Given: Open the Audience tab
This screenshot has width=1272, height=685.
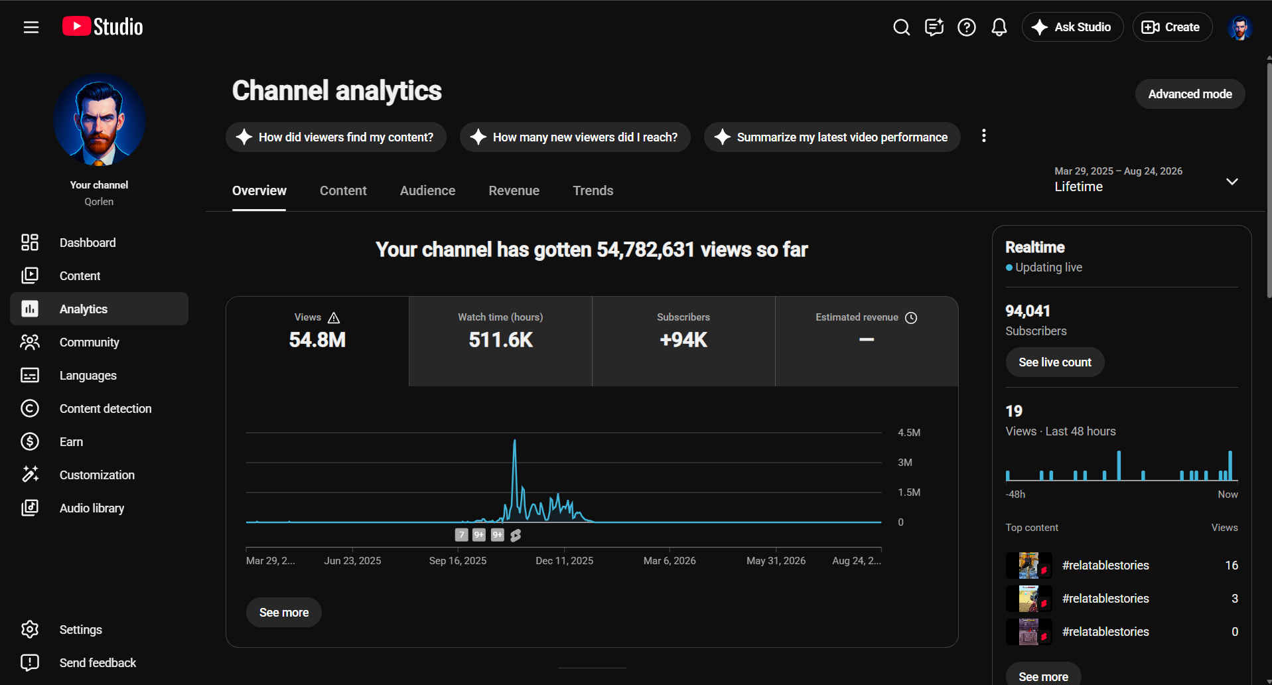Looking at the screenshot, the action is pos(427,190).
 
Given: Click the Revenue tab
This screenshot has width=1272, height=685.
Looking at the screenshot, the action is pos(514,190).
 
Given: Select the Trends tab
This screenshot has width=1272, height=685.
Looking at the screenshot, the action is pos(593,190).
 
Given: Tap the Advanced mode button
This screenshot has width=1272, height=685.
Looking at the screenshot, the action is pos(1190,94).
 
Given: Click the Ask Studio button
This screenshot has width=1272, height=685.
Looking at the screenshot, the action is pos(1072,27).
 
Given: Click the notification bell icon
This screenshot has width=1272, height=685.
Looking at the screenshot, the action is pos(999,27).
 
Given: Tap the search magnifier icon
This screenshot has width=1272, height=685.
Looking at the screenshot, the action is pos(901,27).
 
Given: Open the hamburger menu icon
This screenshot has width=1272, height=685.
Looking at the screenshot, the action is pos(31,27).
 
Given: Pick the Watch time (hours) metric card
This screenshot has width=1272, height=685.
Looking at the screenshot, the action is pos(500,341).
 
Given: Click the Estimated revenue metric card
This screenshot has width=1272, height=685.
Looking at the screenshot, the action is pos(867,341).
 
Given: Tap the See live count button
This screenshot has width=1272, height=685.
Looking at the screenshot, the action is pos(1055,362).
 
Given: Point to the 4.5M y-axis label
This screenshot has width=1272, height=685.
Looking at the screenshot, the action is pos(909,433).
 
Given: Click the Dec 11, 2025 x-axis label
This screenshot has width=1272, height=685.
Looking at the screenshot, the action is pos(565,561).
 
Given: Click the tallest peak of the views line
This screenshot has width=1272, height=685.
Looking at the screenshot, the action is pos(514,440).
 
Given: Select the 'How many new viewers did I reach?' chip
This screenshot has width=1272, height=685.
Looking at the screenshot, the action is pos(575,137).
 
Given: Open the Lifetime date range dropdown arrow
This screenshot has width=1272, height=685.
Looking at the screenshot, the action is pos(1232,181).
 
